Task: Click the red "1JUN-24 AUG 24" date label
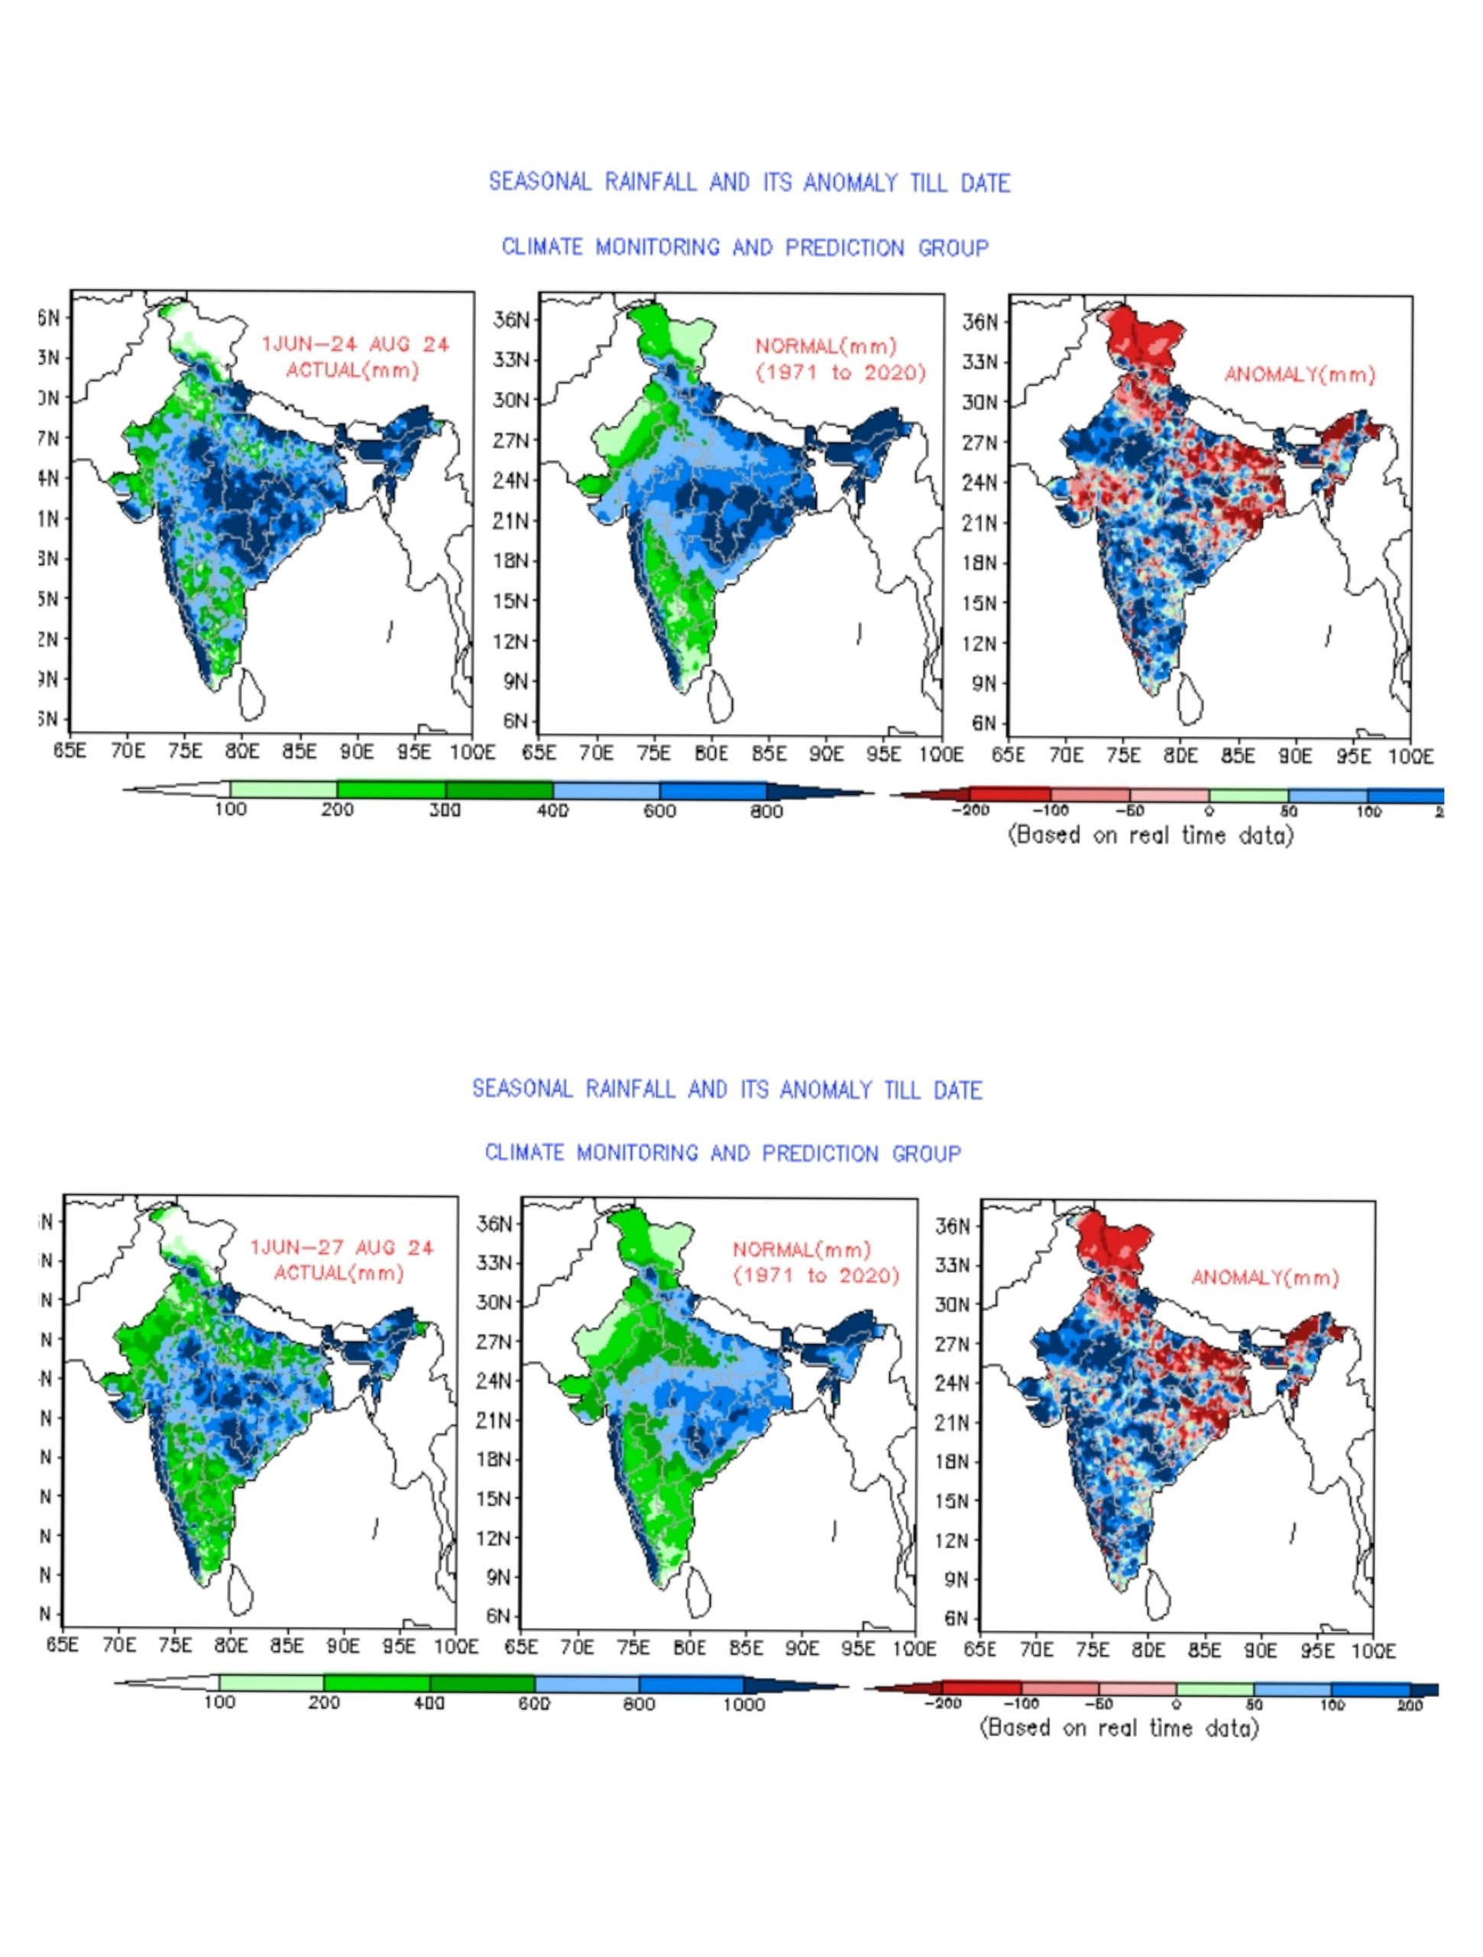click(x=355, y=344)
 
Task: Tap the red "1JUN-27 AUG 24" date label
click(x=342, y=1248)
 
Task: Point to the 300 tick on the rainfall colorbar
click(x=445, y=810)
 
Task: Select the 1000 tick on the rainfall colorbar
click(x=743, y=1705)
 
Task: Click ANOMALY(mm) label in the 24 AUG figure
click(x=1299, y=375)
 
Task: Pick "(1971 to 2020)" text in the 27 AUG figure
click(x=815, y=1276)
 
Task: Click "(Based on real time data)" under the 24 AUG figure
click(x=1151, y=836)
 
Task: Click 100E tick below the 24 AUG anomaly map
click(x=1410, y=758)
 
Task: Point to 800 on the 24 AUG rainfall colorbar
click(x=766, y=810)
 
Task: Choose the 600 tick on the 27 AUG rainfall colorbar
click(x=534, y=1705)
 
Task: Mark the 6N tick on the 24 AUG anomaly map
click(x=983, y=723)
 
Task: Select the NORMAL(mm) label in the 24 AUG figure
click(x=826, y=346)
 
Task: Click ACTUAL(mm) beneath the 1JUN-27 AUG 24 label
click(x=338, y=1273)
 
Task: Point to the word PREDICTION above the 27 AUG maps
click(x=820, y=1154)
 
